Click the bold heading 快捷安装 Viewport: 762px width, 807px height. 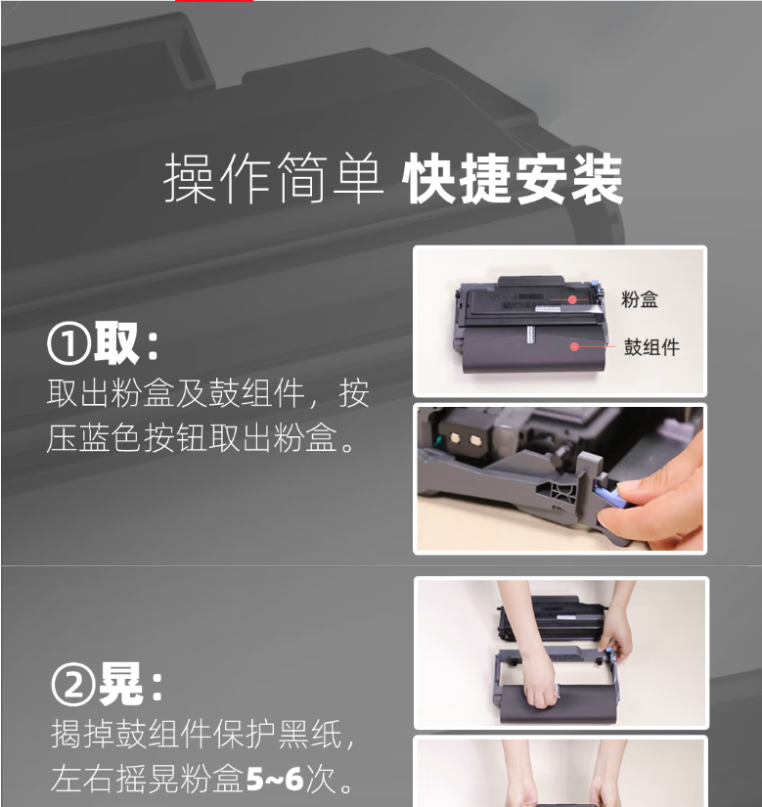(x=513, y=179)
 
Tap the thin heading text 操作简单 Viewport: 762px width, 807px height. (x=274, y=178)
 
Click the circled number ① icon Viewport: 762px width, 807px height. (x=68, y=343)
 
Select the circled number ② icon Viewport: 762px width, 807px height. (x=73, y=684)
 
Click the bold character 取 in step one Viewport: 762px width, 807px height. (x=116, y=342)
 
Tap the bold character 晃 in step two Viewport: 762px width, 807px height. (x=121, y=683)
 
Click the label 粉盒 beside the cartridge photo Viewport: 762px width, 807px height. (x=640, y=299)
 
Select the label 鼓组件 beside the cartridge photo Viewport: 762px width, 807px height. (x=651, y=347)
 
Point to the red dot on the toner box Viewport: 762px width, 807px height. (x=572, y=299)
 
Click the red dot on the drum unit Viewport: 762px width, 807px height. (x=575, y=346)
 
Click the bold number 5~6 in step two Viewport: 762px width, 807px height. (x=275, y=779)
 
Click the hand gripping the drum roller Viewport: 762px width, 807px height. (x=538, y=683)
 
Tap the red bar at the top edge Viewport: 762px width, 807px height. (x=214, y=1)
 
